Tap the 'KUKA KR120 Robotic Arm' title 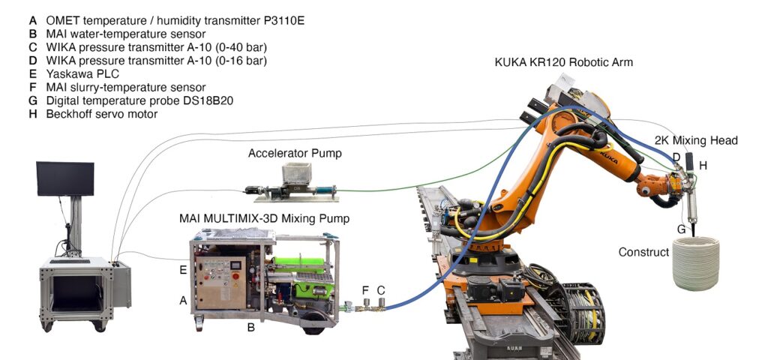tap(564, 62)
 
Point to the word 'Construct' tap(643, 252)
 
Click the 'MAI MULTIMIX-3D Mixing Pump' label tap(265, 218)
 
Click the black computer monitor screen tap(65, 178)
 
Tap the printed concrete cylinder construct tap(696, 263)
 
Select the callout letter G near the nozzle tap(682, 228)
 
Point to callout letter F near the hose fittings tap(365, 289)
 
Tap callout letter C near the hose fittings tap(381, 289)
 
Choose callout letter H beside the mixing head tap(703, 164)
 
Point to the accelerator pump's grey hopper tap(296, 175)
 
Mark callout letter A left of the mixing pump tap(183, 300)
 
